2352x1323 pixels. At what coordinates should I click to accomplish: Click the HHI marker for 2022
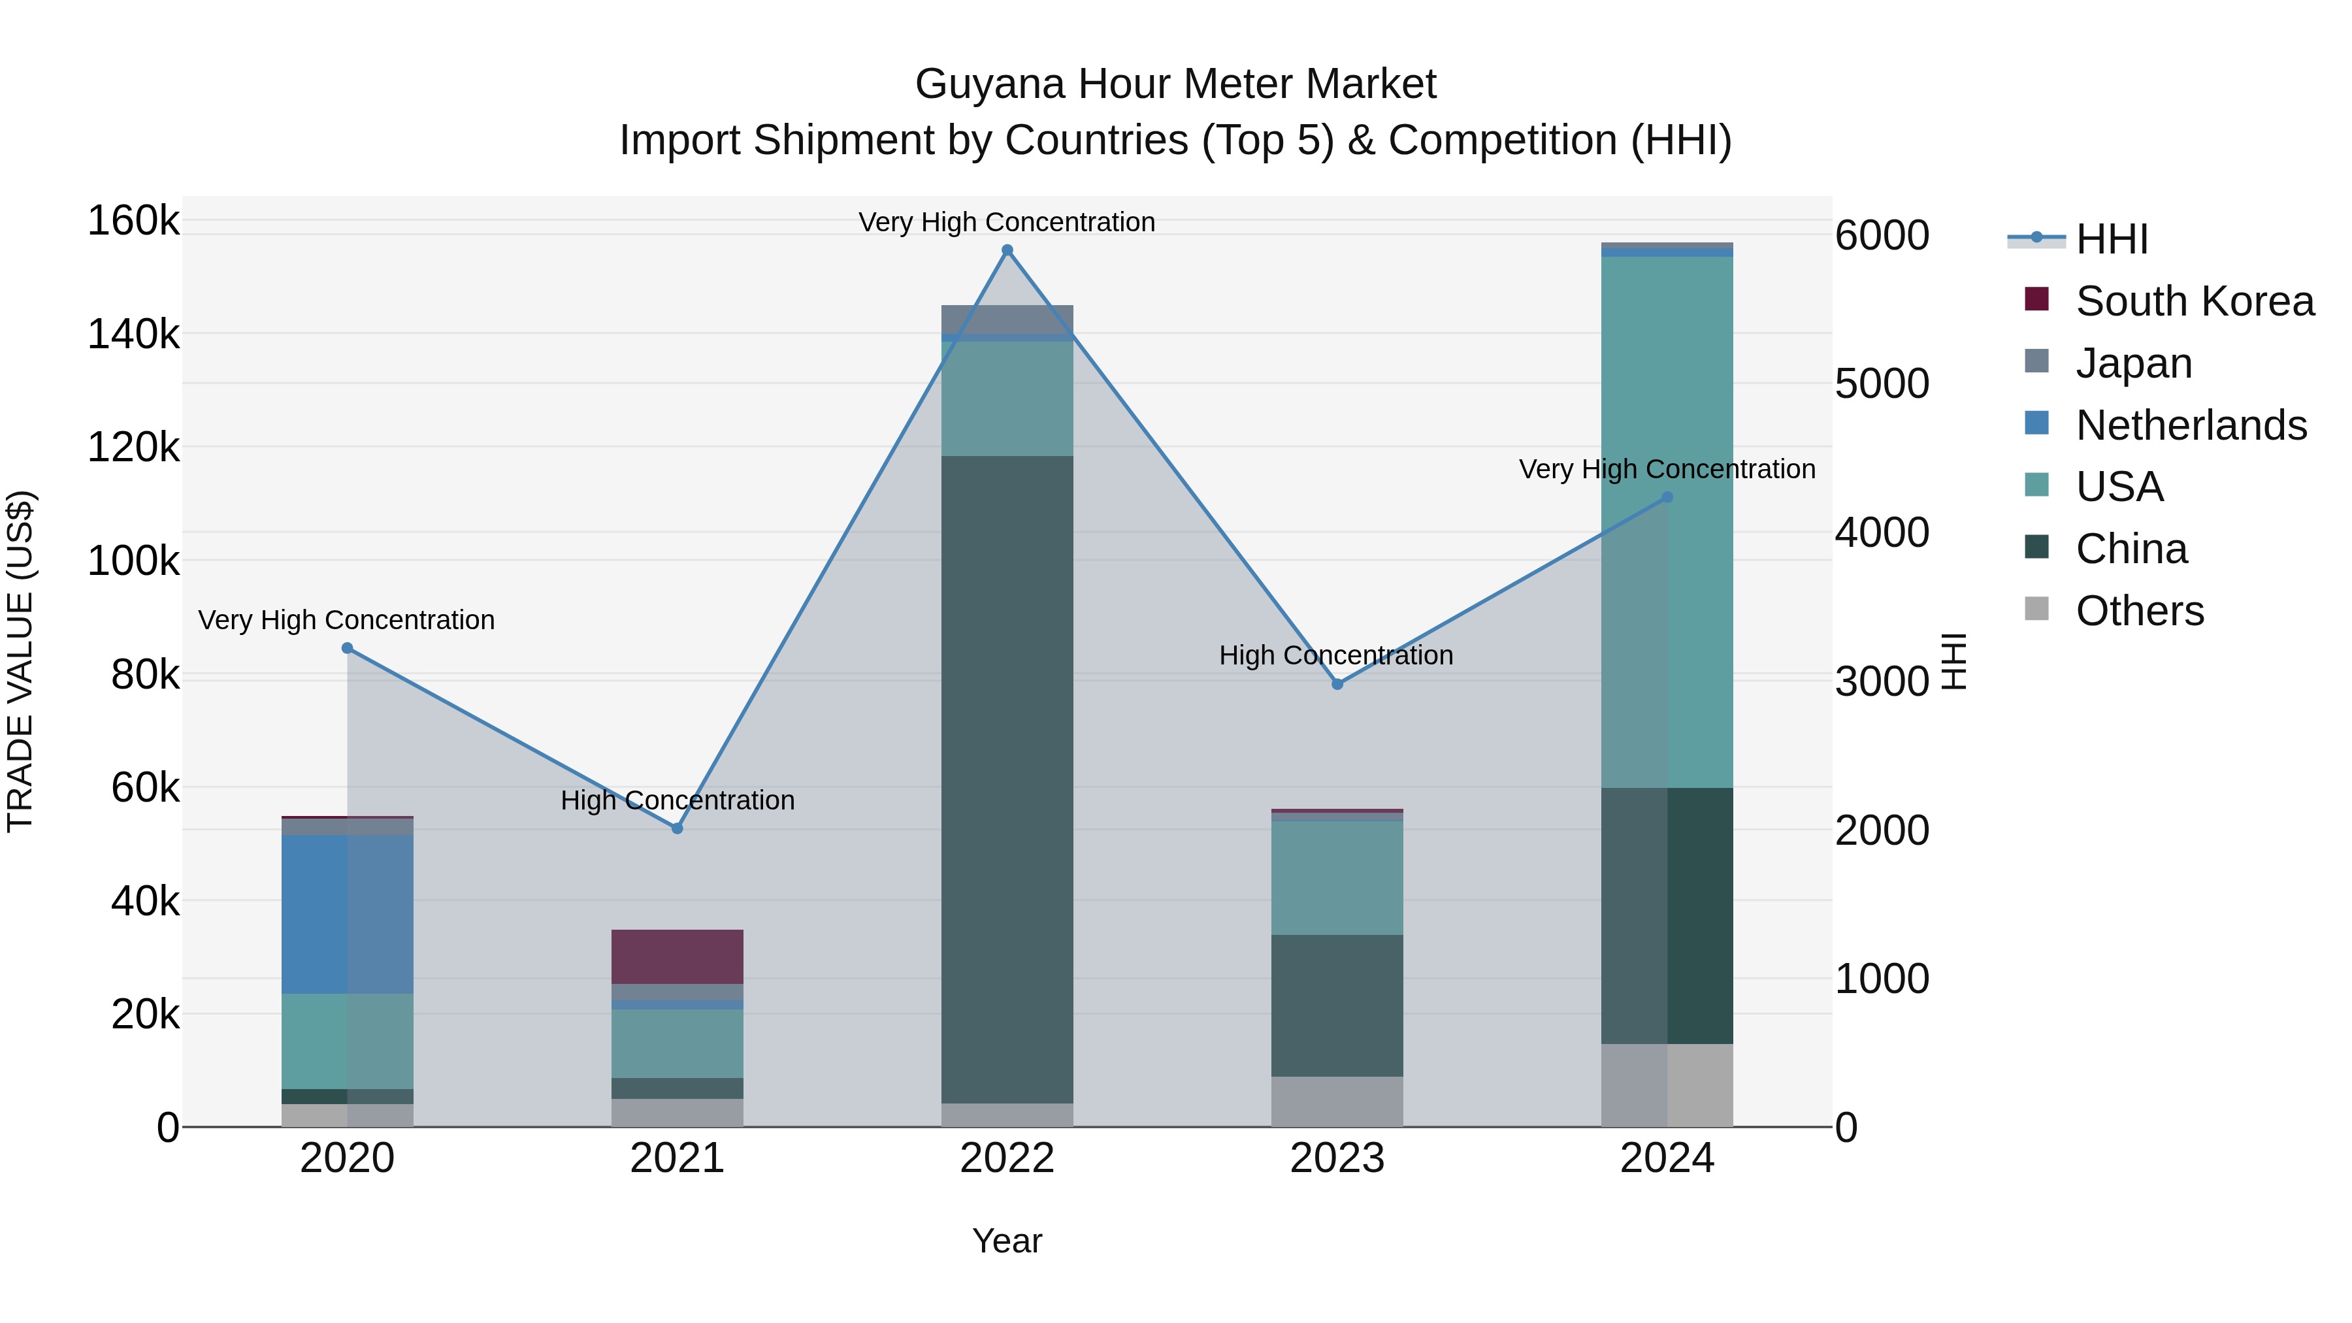click(1007, 250)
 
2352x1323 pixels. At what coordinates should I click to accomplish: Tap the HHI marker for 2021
click(678, 828)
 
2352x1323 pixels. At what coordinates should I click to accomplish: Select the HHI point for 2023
click(1337, 684)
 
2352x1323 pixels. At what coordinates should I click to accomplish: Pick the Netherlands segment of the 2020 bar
click(347, 914)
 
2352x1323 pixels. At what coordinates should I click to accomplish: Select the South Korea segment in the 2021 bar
click(678, 956)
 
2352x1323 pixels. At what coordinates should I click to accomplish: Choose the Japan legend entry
click(2133, 363)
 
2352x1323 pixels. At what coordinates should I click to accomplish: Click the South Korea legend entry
click(2194, 301)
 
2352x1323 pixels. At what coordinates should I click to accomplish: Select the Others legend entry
click(2139, 611)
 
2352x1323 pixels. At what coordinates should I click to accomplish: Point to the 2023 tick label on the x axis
click(1337, 1158)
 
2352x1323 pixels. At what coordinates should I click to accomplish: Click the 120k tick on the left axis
click(133, 448)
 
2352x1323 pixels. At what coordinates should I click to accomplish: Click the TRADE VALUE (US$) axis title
click(20, 661)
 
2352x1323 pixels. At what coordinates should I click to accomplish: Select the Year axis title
click(1007, 1241)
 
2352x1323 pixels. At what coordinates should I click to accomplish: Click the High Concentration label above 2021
click(678, 800)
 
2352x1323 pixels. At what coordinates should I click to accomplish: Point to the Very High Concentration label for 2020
click(346, 620)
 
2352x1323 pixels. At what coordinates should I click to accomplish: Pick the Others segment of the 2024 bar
click(1667, 1085)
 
